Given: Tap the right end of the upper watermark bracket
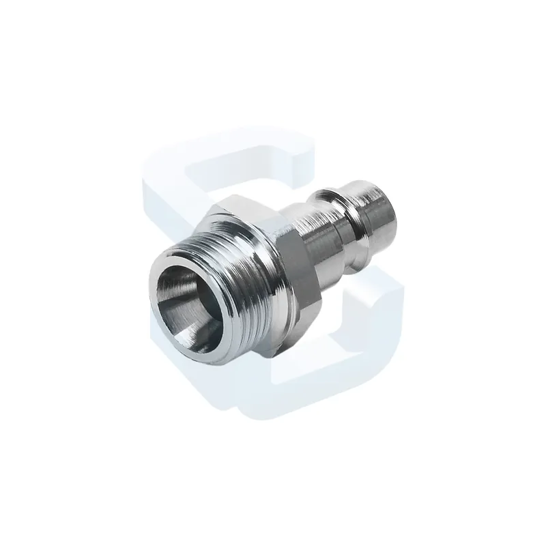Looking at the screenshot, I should pos(304,164).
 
